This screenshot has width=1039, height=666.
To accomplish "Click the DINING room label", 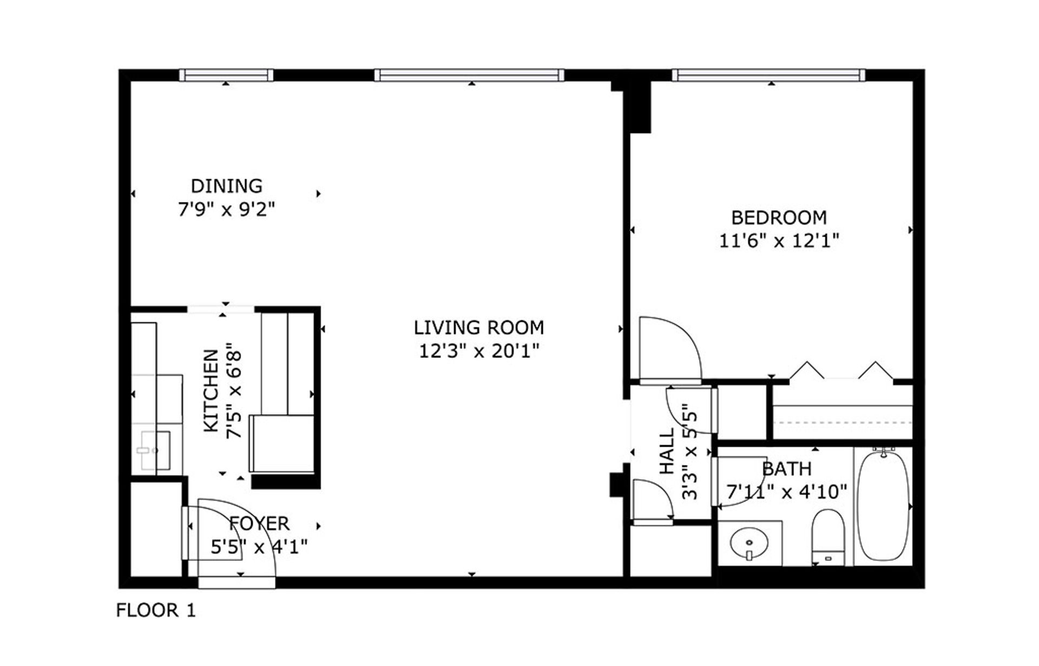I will (x=226, y=186).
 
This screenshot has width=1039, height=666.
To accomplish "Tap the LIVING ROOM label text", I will (x=478, y=328).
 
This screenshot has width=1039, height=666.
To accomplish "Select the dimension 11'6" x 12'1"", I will (x=778, y=240).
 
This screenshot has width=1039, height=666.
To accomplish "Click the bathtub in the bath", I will (x=883, y=506).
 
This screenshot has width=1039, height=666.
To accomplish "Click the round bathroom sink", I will (x=749, y=543).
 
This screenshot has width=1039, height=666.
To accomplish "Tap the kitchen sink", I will (x=155, y=450).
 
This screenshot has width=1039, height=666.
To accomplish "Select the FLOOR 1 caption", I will (x=156, y=610).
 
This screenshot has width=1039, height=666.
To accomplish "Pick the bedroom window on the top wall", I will (x=768, y=75).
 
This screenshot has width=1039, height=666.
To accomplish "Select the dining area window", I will (x=226, y=75).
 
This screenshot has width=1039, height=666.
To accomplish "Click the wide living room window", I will (x=469, y=75).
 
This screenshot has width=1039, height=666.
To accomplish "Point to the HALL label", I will (x=667, y=451).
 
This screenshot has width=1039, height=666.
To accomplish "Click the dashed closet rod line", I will (x=842, y=422).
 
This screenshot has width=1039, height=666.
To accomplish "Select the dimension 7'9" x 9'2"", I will (x=226, y=209).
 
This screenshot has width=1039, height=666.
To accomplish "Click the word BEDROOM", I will (x=778, y=218).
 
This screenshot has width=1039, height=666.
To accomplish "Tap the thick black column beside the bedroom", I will (x=637, y=106).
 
